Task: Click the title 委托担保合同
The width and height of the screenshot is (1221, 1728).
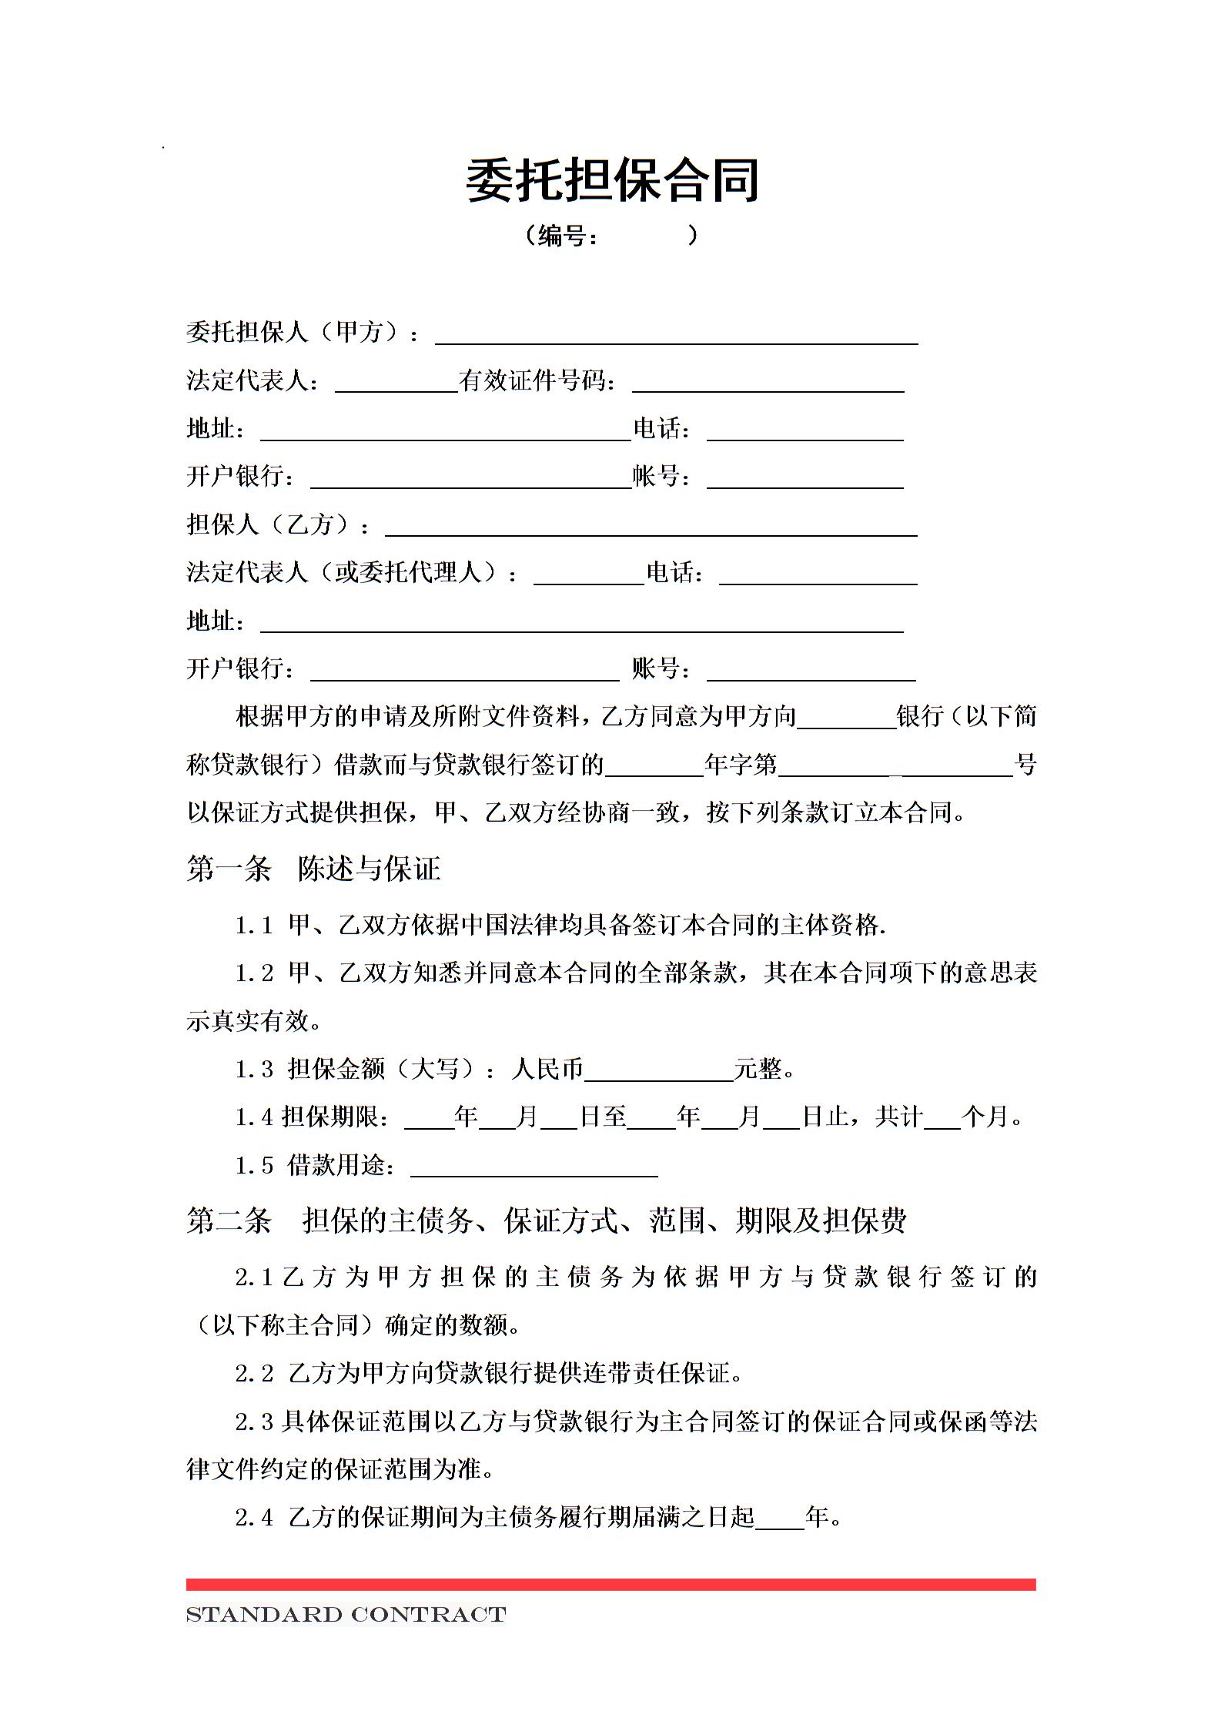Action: click(612, 181)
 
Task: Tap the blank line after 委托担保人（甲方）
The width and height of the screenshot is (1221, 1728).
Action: click(676, 336)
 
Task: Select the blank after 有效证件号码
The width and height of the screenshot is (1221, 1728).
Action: click(768, 383)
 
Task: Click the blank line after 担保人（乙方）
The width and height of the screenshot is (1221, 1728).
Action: click(651, 527)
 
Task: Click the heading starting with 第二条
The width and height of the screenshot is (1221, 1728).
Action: click(546, 1220)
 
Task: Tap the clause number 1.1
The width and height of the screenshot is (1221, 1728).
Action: click(254, 926)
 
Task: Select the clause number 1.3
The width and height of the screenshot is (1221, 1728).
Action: click(254, 1069)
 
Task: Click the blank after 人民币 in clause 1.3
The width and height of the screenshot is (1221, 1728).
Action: click(658, 1072)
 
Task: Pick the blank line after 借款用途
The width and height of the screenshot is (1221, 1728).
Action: click(534, 1167)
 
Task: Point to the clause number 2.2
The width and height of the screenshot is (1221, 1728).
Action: click(254, 1373)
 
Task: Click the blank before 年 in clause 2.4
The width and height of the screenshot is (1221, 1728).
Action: click(779, 1519)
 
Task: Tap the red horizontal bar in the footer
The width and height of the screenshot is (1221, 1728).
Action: click(610, 1584)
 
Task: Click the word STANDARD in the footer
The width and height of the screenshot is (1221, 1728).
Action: click(263, 1615)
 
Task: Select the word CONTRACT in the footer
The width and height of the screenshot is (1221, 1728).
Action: click(428, 1615)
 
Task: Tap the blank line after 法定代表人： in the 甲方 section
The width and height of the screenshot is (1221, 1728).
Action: click(396, 383)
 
